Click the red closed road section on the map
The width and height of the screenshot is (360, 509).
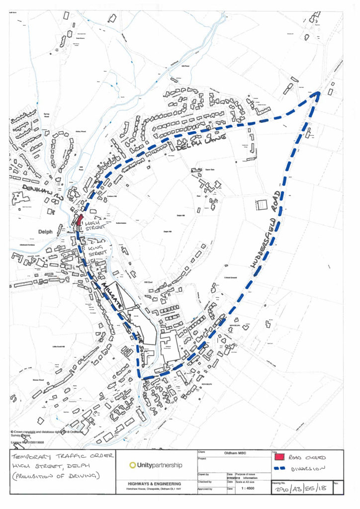[79, 220]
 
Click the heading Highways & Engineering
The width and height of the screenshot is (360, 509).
[154, 483]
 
